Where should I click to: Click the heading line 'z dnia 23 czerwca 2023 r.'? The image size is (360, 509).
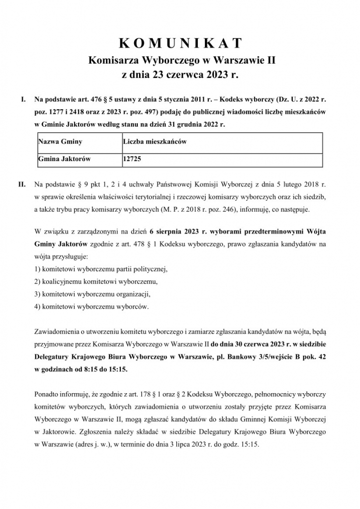(x=180, y=76)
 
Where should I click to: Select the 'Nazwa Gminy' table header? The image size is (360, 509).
(x=60, y=142)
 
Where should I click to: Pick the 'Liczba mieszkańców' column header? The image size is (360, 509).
(x=154, y=142)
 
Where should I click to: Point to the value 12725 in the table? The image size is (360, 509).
(x=131, y=160)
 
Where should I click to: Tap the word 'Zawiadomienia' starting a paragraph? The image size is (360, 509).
(x=56, y=331)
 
